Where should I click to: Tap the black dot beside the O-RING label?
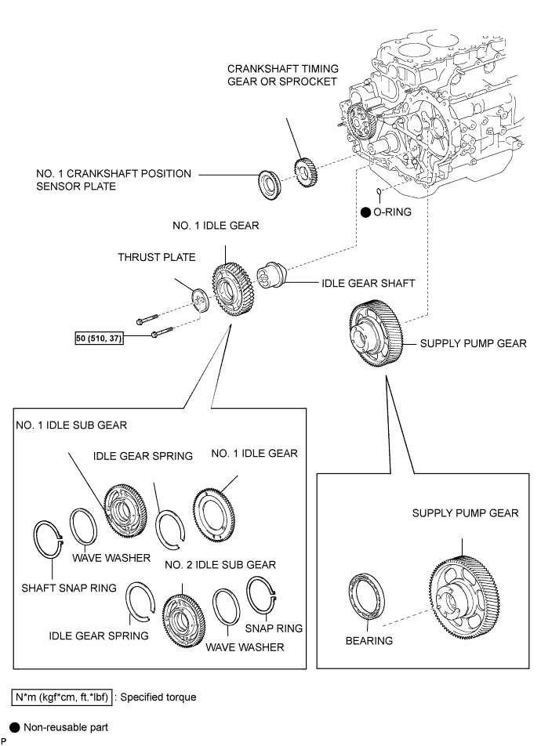point(366,212)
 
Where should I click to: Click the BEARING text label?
point(369,640)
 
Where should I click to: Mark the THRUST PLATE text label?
point(156,256)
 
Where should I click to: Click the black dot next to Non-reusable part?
point(15,728)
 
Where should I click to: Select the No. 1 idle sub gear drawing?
point(125,513)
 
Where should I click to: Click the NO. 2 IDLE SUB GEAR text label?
point(218,564)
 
